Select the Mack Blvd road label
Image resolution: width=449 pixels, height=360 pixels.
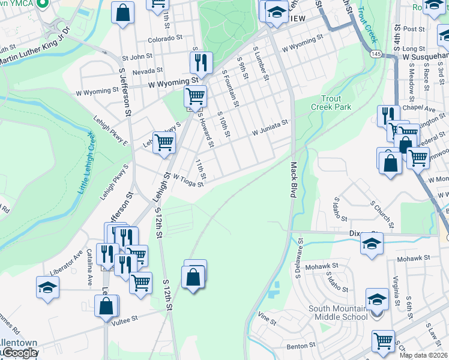294,180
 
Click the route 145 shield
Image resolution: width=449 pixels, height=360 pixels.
376,54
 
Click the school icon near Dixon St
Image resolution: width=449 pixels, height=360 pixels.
372,243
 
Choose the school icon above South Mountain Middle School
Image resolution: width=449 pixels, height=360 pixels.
378,299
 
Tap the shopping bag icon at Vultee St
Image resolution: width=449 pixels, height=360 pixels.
106,305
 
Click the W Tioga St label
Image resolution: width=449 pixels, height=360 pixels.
188,181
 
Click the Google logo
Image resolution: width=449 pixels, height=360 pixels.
19,353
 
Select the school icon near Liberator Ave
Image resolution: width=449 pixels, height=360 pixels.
47,286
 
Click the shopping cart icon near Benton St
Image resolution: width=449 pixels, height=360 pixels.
383,340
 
